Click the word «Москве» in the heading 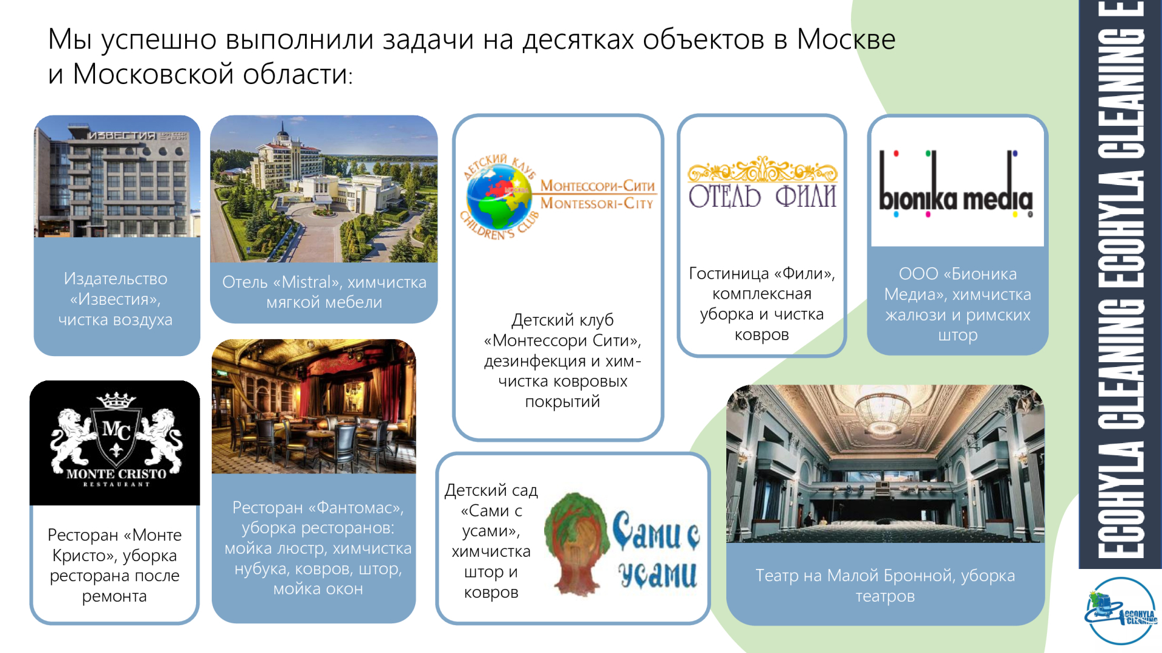845,39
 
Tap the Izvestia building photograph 117,176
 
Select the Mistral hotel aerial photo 324,189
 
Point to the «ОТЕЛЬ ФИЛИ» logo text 762,197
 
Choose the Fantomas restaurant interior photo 313,406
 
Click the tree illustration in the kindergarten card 577,542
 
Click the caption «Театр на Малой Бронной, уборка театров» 885,585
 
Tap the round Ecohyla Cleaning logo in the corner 1121,611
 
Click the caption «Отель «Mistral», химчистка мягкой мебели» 324,292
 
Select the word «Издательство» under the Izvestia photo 116,279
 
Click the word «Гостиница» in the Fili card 728,273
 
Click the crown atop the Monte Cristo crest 116,400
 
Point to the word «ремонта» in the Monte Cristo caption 114,596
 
